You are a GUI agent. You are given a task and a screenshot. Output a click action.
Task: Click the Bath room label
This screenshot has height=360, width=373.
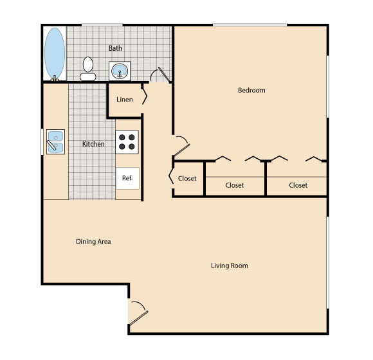115,48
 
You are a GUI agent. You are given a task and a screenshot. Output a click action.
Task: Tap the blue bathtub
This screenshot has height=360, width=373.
54,53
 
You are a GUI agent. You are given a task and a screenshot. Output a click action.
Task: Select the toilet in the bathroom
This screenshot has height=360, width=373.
89,69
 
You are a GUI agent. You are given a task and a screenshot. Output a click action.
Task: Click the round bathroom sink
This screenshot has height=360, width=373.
119,71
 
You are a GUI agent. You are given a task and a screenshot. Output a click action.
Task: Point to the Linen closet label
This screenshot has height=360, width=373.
125,100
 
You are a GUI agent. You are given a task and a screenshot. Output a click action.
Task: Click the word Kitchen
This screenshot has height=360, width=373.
93,144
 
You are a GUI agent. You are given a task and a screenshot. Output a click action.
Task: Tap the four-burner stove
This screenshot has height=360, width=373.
127,141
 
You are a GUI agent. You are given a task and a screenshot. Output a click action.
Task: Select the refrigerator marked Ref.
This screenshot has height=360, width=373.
127,178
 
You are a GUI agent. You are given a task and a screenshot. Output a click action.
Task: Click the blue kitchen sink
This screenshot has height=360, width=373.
56,141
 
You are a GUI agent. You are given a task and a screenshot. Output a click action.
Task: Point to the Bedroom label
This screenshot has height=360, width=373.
251,91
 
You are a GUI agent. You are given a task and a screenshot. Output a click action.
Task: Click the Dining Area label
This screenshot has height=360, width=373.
93,242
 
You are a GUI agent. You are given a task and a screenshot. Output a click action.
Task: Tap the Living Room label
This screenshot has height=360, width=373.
230,265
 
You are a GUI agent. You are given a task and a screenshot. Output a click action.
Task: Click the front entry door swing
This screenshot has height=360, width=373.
138,313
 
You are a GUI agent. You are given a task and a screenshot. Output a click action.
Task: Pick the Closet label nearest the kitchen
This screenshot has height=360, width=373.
187,179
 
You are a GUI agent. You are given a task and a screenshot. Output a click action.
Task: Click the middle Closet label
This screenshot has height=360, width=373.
235,185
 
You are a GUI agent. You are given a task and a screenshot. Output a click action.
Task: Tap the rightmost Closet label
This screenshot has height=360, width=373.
298,185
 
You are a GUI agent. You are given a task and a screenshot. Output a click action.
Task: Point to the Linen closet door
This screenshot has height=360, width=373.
145,97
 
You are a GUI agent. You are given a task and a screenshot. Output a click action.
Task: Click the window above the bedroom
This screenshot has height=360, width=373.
250,25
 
